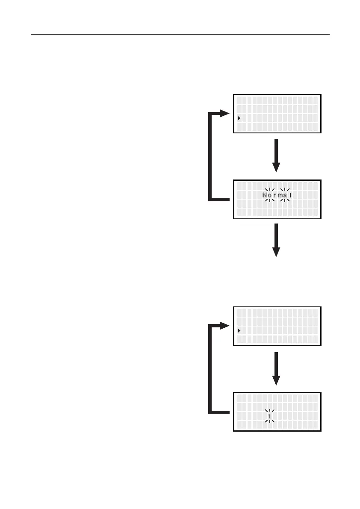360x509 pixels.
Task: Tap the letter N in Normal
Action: point(265,196)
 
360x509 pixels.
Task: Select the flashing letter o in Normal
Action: point(270,196)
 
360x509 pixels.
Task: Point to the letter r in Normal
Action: point(275,196)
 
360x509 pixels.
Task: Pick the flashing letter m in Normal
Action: point(280,196)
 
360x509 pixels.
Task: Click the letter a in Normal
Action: point(285,196)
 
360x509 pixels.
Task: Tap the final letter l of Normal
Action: point(290,196)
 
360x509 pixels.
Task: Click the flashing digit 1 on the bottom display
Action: point(270,416)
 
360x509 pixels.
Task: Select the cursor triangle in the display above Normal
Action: point(239,118)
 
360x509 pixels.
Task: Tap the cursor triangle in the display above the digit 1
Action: point(239,330)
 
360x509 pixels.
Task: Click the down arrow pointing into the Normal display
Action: point(277,155)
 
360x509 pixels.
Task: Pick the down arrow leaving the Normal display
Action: point(277,240)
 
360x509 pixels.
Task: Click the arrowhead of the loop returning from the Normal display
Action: point(225,114)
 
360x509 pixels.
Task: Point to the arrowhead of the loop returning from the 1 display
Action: point(225,326)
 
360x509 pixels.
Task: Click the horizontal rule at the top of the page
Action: point(180,34)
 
